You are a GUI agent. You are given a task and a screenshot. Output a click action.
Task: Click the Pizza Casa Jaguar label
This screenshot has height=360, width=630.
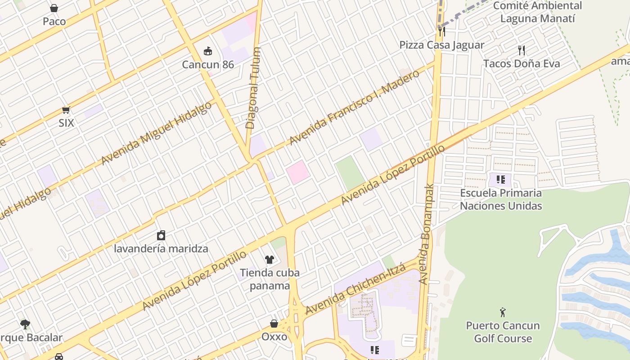pos(441,45)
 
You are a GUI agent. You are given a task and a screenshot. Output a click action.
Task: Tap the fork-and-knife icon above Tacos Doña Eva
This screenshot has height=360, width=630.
pos(522,50)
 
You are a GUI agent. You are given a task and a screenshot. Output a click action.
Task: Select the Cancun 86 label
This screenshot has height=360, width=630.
pos(208,64)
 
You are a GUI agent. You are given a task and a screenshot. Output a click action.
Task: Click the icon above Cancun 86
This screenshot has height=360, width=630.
pos(208,51)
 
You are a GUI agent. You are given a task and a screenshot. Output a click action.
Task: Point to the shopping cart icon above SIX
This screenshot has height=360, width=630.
pos(66,110)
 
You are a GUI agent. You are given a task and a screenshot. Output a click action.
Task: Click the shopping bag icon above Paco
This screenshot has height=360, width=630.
pos(54,8)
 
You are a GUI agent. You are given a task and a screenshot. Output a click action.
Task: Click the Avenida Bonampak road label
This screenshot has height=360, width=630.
pos(426,234)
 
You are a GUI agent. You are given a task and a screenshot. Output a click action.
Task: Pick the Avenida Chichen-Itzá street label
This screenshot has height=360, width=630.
pos(355,289)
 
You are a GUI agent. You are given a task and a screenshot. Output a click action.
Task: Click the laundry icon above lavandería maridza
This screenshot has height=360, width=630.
pos(161,235)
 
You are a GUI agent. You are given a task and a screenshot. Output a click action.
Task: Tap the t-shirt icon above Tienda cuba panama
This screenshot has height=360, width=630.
pos(269,259)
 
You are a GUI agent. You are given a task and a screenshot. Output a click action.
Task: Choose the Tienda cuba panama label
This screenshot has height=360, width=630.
pos(270,279)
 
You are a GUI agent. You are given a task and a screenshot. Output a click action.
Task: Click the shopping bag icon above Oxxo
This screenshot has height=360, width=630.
pos(274,324)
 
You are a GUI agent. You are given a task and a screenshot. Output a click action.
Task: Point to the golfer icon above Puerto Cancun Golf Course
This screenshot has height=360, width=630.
pos(503,312)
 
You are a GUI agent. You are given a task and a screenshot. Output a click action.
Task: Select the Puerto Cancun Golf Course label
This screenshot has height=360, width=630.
pos(503,332)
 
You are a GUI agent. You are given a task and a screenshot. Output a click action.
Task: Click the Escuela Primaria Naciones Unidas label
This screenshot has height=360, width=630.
pos(501,199)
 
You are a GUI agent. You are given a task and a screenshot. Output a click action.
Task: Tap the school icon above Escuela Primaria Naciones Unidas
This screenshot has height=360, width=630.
pos(501,180)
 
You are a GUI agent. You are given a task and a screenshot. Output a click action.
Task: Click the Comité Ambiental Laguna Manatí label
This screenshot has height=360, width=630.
pos(537,12)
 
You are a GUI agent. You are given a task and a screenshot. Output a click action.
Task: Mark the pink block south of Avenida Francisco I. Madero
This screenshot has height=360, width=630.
pos(297,172)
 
